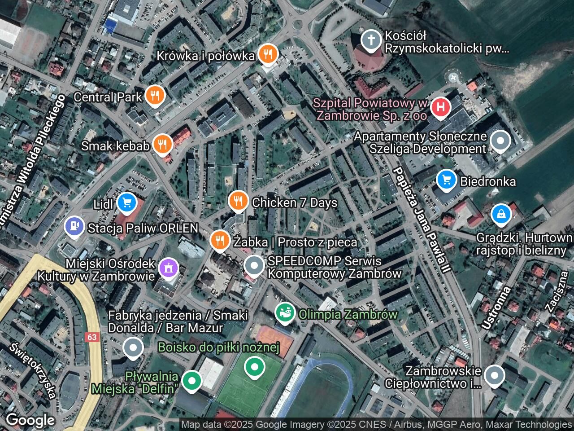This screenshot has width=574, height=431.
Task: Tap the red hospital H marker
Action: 441,107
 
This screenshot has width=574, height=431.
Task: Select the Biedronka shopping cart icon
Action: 446,180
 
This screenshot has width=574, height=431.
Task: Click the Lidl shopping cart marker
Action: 127,203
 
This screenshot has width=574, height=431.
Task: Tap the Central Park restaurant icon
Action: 155,96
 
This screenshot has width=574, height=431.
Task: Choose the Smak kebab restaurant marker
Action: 162,145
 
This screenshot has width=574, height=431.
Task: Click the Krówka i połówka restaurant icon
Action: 268,54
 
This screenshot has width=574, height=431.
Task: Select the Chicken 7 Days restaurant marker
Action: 238,202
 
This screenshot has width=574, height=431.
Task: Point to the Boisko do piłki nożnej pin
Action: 254,367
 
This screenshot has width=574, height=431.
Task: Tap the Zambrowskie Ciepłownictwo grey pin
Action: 494,376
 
